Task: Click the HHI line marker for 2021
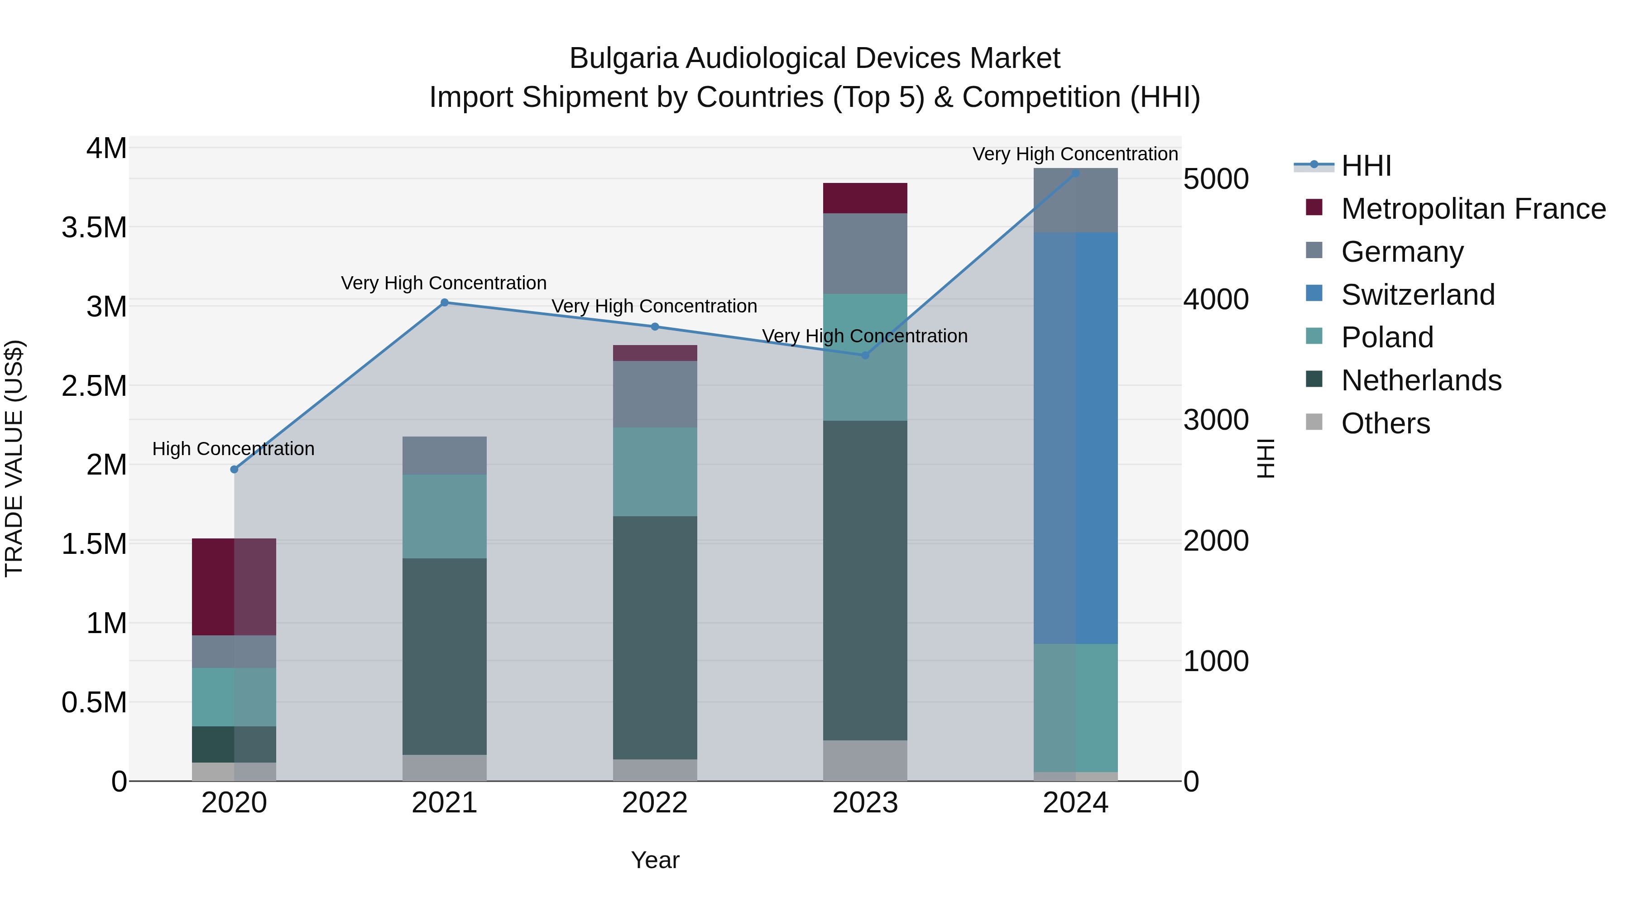coord(444,302)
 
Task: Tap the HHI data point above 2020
coord(234,469)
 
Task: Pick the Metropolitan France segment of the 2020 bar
coord(234,586)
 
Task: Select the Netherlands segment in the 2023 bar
coord(865,581)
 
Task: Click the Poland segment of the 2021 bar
coord(444,516)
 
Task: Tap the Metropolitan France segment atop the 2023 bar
coord(865,198)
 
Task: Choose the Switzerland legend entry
coord(1417,295)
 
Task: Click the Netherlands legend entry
coord(1420,380)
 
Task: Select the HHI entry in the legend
coord(1366,166)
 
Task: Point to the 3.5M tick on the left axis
coord(94,228)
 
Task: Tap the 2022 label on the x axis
coord(655,803)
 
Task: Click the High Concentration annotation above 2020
coord(234,449)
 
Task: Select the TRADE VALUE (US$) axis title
coord(14,458)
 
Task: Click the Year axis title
coord(655,860)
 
